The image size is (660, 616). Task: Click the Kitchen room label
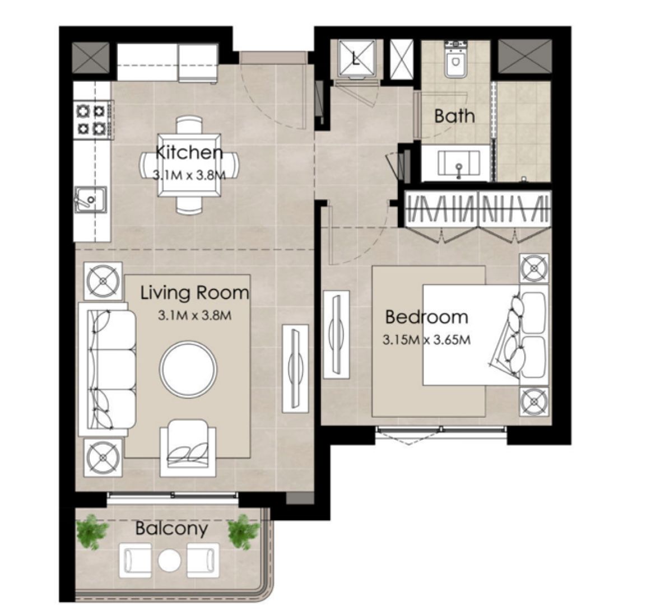[x=189, y=152]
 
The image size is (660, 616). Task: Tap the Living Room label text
[x=194, y=292]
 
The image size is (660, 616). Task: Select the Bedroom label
[x=426, y=317]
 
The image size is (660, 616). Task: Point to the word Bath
[x=454, y=116]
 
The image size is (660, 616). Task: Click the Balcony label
[x=171, y=528]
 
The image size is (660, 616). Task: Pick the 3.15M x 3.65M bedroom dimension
[x=426, y=339]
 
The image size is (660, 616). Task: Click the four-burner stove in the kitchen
[x=91, y=119]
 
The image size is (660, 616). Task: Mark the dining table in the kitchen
[x=188, y=164]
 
